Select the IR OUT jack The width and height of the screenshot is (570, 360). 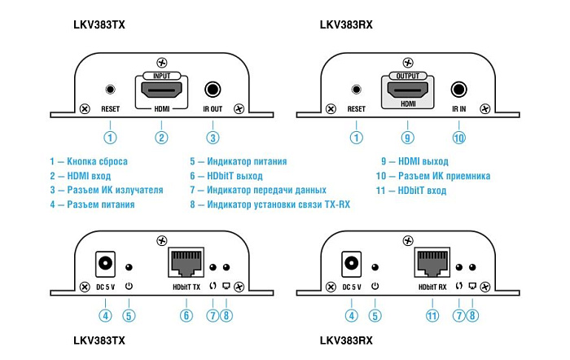click(213, 90)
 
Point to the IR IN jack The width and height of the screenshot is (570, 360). click(458, 90)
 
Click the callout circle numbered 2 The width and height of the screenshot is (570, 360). click(162, 138)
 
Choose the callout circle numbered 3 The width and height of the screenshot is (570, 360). click(213, 138)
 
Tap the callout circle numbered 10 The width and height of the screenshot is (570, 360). click(458, 138)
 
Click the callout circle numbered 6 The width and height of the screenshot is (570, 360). click(186, 316)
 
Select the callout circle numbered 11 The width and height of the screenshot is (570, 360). click(432, 316)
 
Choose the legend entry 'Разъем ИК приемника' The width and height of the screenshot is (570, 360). click(432, 176)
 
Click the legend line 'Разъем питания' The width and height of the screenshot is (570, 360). click(92, 204)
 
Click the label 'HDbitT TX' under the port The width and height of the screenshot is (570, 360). click(186, 287)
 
